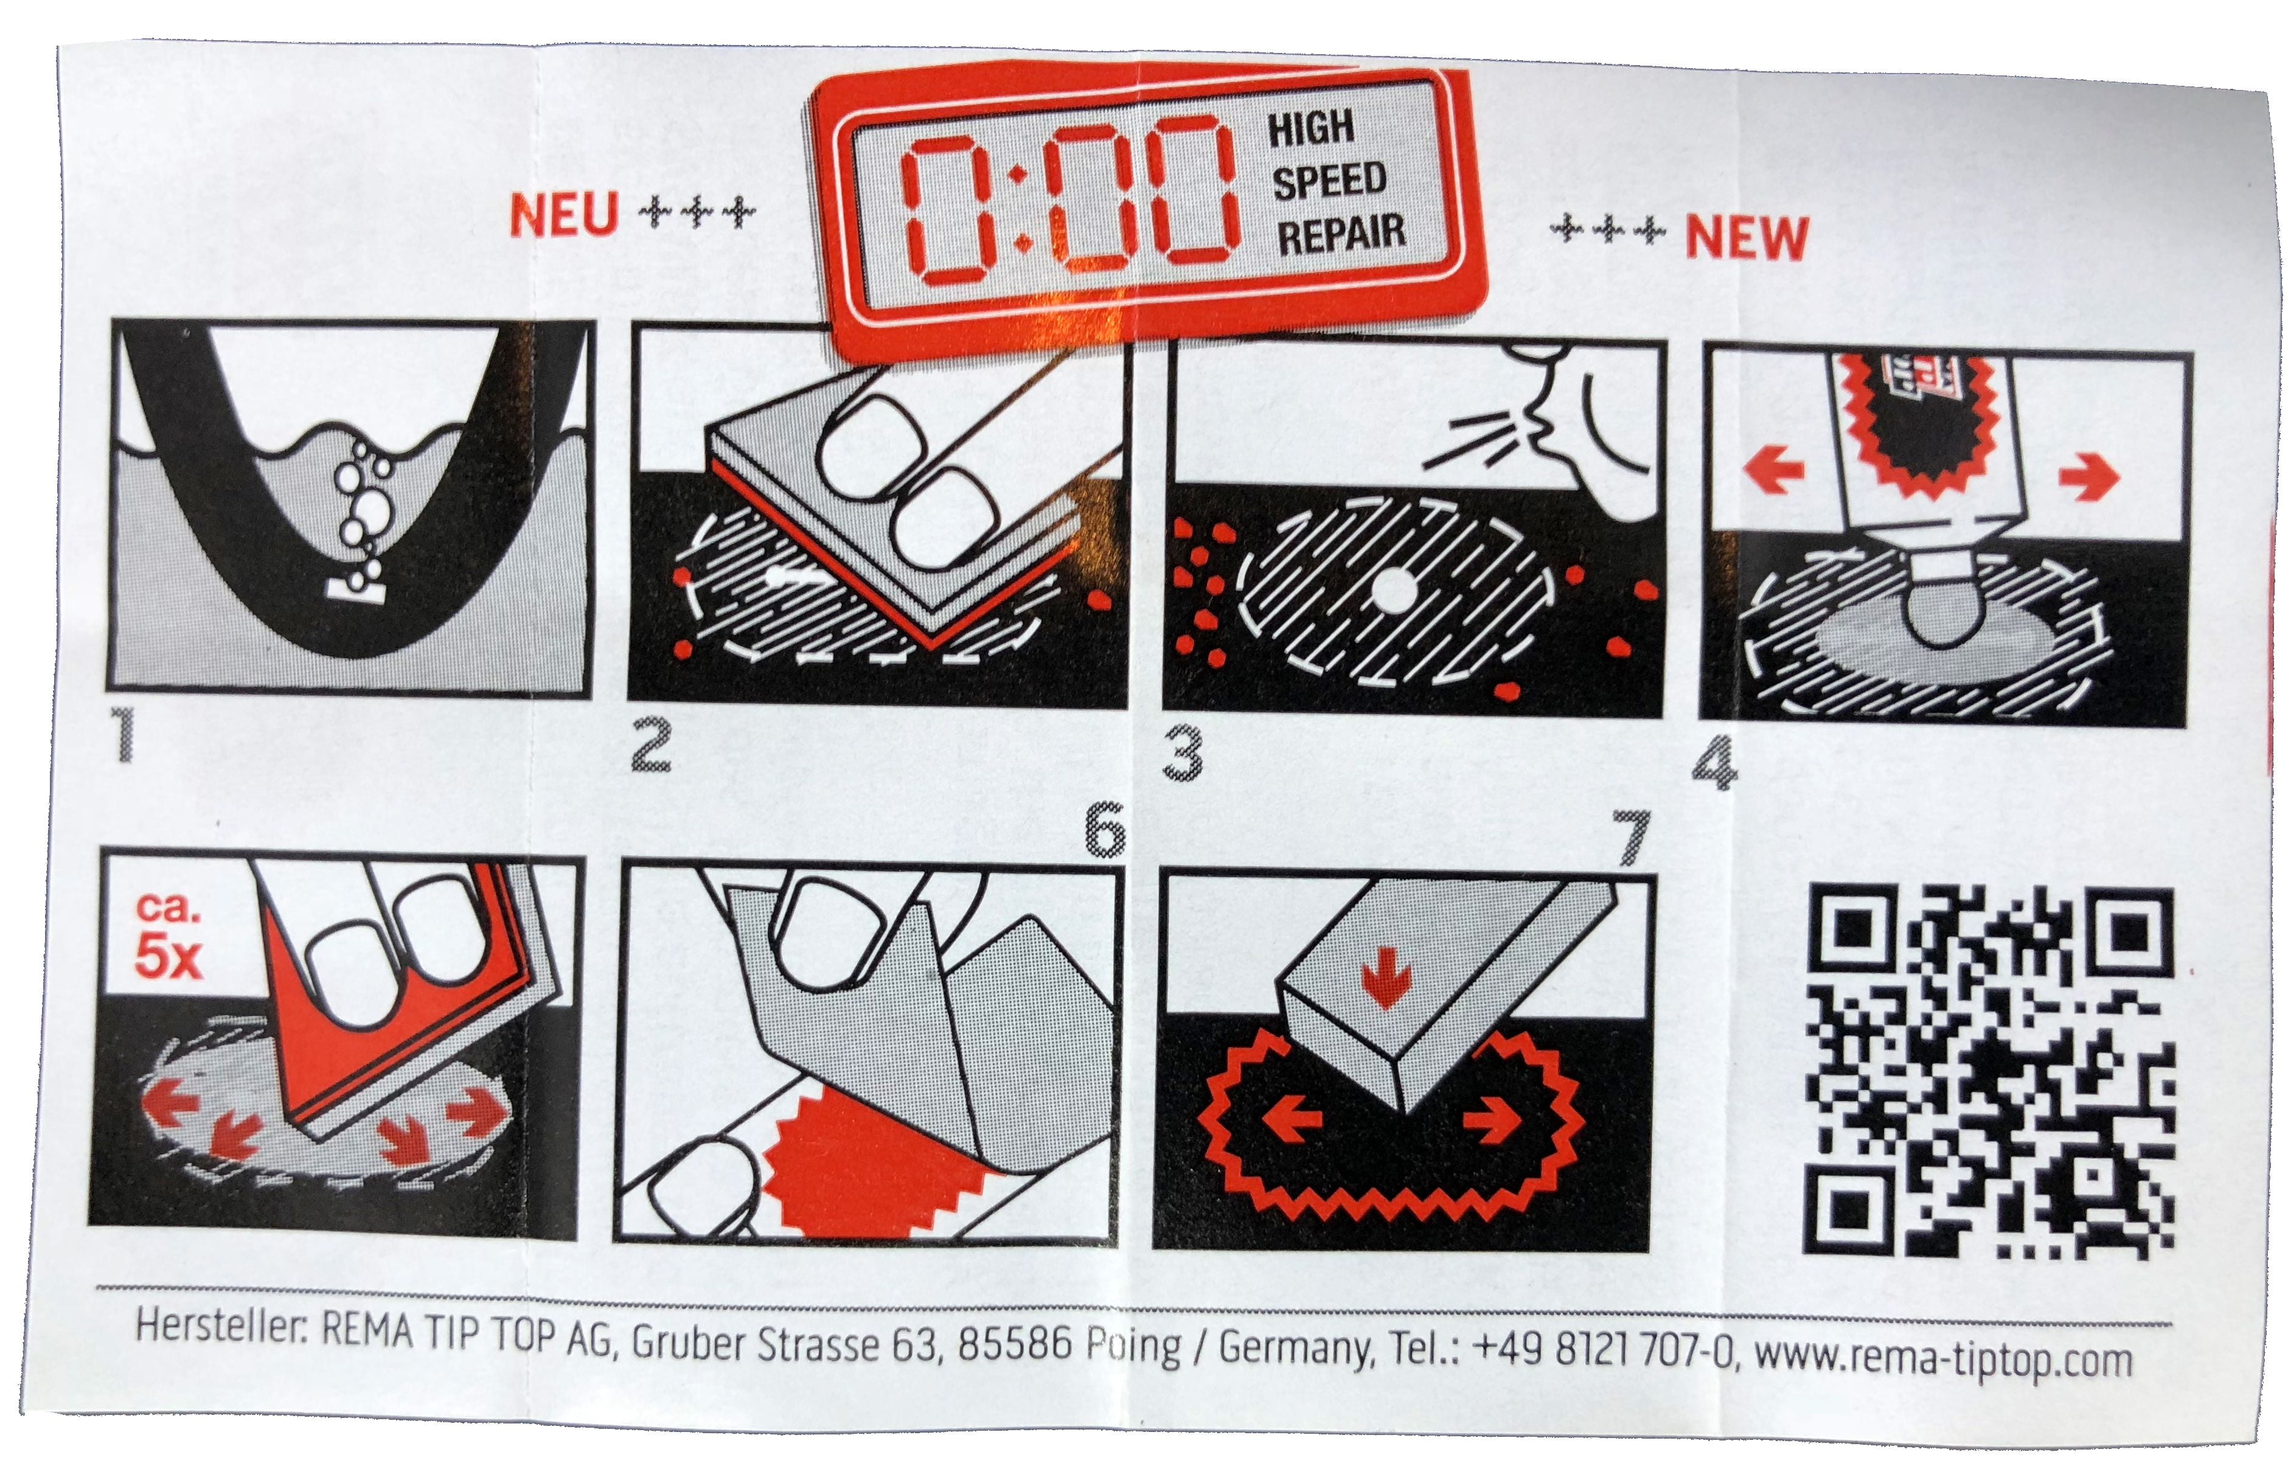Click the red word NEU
click(565, 216)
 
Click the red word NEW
click(1747, 237)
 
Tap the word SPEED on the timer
click(1329, 181)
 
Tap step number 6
click(1105, 829)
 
